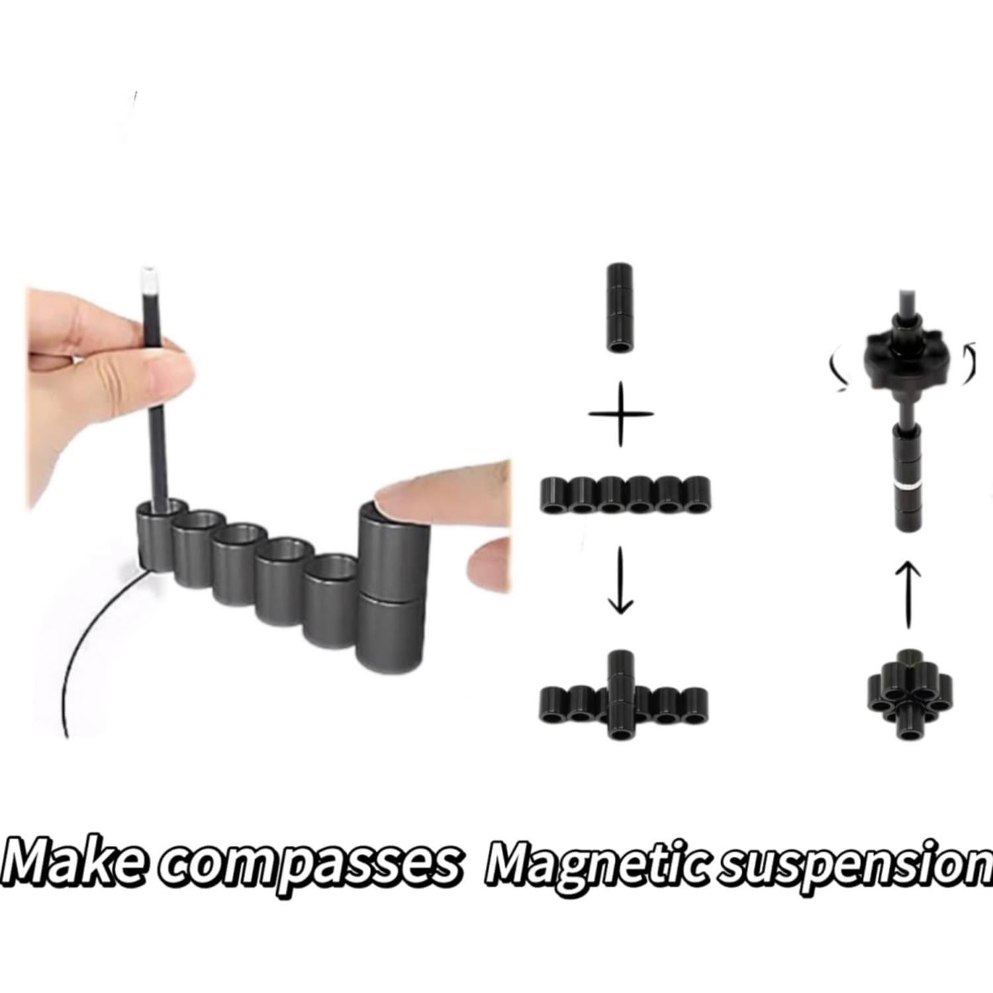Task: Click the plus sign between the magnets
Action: pos(620,414)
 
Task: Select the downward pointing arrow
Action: pos(620,579)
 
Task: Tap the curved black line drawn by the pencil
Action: pos(86,636)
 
